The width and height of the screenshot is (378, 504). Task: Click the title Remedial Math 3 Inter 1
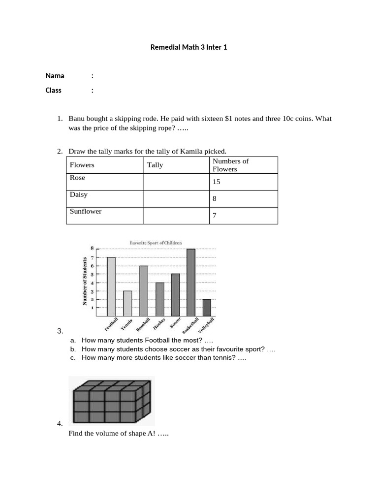tap(189, 48)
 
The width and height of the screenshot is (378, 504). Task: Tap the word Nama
tap(55, 76)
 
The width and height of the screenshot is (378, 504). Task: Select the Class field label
tap(54, 91)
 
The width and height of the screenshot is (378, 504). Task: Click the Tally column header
tap(155, 165)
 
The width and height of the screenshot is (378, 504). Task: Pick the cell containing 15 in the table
tap(217, 182)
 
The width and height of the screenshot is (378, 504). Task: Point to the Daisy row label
tap(79, 195)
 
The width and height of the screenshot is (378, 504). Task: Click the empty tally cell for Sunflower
tap(176, 216)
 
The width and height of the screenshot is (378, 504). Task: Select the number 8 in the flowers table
tap(215, 199)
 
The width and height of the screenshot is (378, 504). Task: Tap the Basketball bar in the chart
tap(191, 283)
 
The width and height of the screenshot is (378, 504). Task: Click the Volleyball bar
tap(207, 308)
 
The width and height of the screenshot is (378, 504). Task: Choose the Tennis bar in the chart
tap(127, 304)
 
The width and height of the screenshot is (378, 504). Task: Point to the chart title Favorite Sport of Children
tap(156, 243)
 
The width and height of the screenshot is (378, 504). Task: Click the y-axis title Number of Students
tap(85, 281)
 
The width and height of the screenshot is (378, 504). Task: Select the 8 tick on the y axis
tap(91, 249)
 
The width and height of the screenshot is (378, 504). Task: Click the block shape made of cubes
tap(111, 401)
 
